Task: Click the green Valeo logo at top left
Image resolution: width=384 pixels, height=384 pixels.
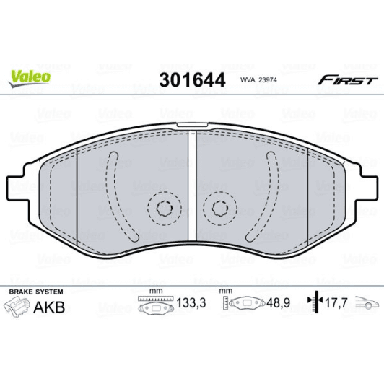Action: pos(30,76)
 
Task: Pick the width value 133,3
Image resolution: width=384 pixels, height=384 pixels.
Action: pos(188,306)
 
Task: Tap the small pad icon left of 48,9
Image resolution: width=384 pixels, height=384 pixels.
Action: pos(246,306)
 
